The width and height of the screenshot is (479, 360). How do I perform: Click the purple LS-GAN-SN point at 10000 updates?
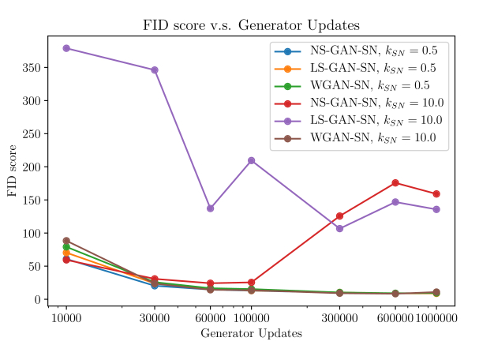[66, 48]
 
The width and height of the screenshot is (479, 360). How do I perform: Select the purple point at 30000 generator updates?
[155, 70]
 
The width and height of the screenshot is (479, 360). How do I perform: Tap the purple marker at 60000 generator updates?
[210, 208]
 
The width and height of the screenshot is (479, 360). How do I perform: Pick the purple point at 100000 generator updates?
[251, 160]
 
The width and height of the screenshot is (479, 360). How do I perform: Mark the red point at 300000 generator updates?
[339, 216]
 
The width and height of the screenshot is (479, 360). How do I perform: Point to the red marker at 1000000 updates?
[436, 193]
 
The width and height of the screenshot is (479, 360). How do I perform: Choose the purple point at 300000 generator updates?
[339, 229]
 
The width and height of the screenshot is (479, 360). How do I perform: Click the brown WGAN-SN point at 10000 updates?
[66, 241]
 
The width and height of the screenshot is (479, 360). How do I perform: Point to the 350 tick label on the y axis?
[32, 68]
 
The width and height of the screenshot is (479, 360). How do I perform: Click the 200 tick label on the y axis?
[32, 167]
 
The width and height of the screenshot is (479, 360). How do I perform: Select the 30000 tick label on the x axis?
[155, 317]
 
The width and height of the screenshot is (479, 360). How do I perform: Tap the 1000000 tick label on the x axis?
[436, 317]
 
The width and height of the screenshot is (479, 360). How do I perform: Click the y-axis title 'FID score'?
[13, 171]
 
